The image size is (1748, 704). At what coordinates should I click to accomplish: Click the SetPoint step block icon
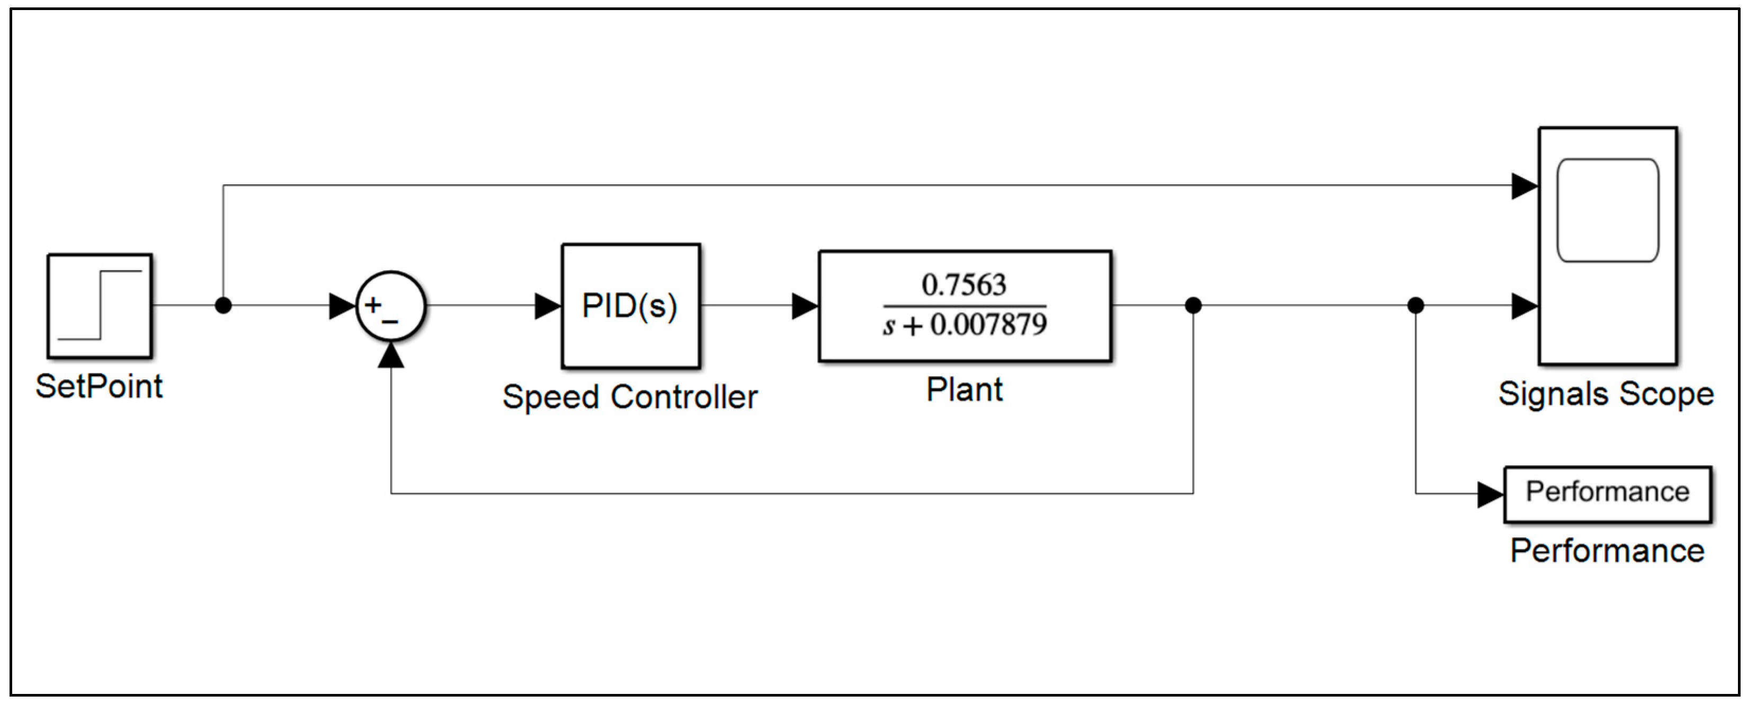point(100,306)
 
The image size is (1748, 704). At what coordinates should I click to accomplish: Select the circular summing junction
point(391,306)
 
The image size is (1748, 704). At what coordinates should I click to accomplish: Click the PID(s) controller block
point(630,306)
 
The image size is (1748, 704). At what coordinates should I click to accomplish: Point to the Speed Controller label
point(630,397)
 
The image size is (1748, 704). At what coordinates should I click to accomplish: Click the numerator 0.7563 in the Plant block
point(964,285)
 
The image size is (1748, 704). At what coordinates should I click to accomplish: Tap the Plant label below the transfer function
point(964,390)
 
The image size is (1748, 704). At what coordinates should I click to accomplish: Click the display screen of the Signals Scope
point(1607,210)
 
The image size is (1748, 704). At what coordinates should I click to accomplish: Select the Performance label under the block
point(1607,550)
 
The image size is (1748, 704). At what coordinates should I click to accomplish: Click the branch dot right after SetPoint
point(223,306)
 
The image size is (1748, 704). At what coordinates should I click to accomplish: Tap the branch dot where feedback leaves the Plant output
point(1193,306)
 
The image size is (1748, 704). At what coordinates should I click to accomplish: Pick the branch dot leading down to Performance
point(1415,306)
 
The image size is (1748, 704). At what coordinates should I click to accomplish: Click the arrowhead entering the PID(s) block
point(548,306)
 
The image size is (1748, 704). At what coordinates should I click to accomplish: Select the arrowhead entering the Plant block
point(805,306)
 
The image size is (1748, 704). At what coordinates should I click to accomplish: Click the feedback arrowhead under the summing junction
point(391,354)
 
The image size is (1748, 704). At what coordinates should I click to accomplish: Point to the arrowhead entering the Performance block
point(1490,494)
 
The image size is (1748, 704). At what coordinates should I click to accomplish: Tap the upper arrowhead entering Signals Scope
point(1524,185)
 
